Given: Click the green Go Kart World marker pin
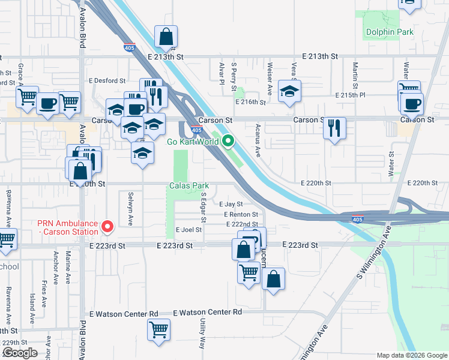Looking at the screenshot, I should tap(228, 142).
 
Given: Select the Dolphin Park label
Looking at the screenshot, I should tap(381, 31).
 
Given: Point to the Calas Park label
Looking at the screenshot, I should tap(187, 186).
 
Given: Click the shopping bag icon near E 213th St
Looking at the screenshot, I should tap(165, 38).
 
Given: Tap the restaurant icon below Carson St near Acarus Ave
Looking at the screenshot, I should tap(334, 128).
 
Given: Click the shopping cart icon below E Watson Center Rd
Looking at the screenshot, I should tap(158, 329).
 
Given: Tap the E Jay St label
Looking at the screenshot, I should tap(231, 205).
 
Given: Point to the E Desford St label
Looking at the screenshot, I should tap(107, 80).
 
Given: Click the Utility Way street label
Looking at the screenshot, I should tap(203, 334).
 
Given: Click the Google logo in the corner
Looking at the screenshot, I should tap(20, 353).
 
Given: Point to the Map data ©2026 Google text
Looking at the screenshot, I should tap(411, 355).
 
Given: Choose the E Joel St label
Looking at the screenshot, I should tap(188, 230).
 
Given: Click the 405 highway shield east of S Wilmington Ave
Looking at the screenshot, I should tap(357, 220).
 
